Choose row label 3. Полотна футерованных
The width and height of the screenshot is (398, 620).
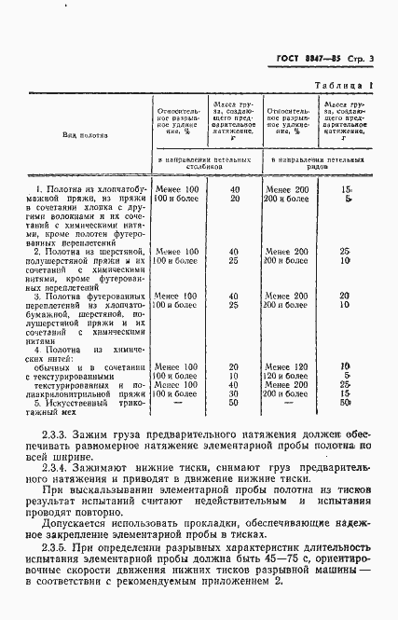point(89,296)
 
